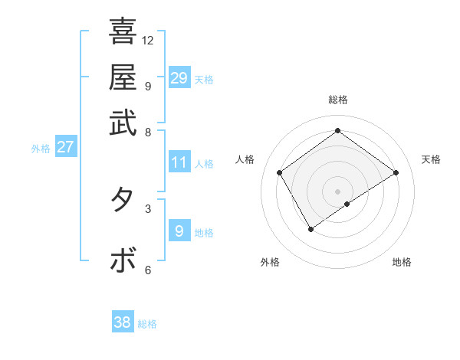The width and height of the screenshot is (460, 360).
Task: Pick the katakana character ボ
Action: point(123,260)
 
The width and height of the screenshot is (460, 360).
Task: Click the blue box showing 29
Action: point(179,78)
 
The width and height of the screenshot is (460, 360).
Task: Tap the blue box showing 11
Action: point(179,162)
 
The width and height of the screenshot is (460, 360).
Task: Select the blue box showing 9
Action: point(179,231)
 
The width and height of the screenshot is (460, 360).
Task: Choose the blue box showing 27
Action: point(65,147)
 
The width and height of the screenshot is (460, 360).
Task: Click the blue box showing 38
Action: point(123,322)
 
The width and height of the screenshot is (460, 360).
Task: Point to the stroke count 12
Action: point(148,40)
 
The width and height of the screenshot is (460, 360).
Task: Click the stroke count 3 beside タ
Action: point(148,208)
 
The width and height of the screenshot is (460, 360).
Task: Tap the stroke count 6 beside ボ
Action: point(148,269)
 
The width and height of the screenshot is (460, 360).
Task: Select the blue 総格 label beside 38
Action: point(147,324)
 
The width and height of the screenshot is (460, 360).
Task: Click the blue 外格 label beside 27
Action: point(41,149)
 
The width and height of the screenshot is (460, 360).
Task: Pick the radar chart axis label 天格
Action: point(431,159)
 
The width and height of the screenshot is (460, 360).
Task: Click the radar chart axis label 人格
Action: point(245,159)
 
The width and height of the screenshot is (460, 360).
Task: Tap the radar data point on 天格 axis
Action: point(396,172)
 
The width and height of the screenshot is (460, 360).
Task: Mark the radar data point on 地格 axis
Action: point(347,204)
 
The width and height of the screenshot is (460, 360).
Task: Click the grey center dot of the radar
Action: point(337,191)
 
